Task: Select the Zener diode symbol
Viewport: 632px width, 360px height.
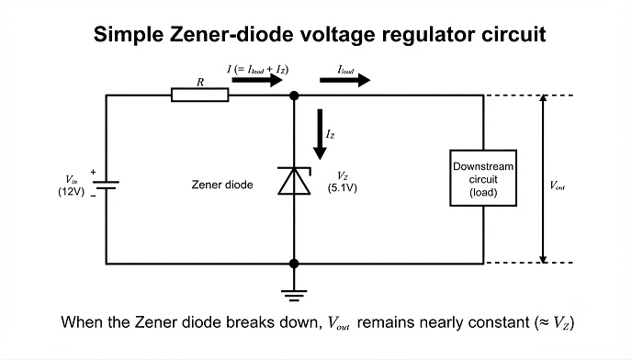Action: point(295,181)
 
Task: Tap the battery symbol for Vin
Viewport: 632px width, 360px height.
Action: point(106,185)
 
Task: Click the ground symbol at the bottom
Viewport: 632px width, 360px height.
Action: point(294,296)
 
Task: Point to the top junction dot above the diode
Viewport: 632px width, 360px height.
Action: point(294,96)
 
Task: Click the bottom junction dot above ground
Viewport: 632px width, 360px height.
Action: point(294,264)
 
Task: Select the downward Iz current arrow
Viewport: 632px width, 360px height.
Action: point(320,134)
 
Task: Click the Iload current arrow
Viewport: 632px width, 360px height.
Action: point(345,80)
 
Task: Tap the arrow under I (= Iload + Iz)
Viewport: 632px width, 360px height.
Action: point(257,80)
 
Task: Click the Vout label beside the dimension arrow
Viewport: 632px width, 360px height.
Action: point(558,186)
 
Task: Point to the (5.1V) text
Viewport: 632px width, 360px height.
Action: point(343,188)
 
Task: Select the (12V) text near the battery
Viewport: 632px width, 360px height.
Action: point(72,191)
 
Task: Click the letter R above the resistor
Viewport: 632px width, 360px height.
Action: point(200,83)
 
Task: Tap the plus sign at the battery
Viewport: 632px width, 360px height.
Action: point(93,172)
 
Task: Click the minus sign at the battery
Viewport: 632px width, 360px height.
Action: point(93,196)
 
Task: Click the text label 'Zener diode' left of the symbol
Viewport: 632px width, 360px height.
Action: point(222,185)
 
